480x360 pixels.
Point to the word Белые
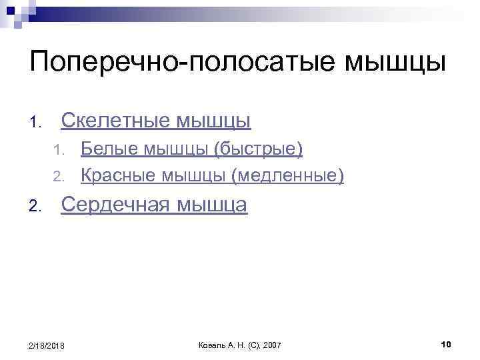[105, 149]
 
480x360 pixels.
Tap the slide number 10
[447, 344]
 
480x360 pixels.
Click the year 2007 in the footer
[273, 345]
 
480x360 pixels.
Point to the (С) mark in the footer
[253, 345]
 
